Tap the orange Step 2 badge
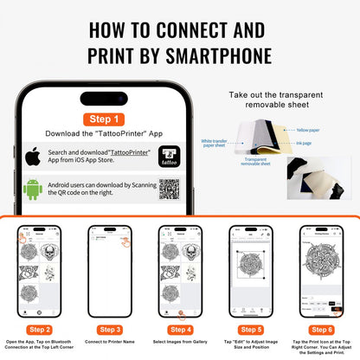[x=40, y=329]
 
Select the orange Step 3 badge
[x=110, y=329]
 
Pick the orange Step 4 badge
[x=179, y=329]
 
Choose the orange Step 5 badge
[x=249, y=329]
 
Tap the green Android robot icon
[x=34, y=190]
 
